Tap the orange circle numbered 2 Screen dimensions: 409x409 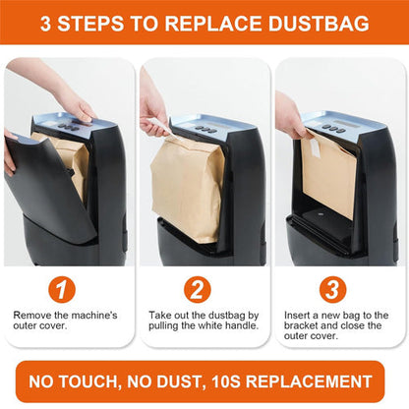(x=204, y=291)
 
